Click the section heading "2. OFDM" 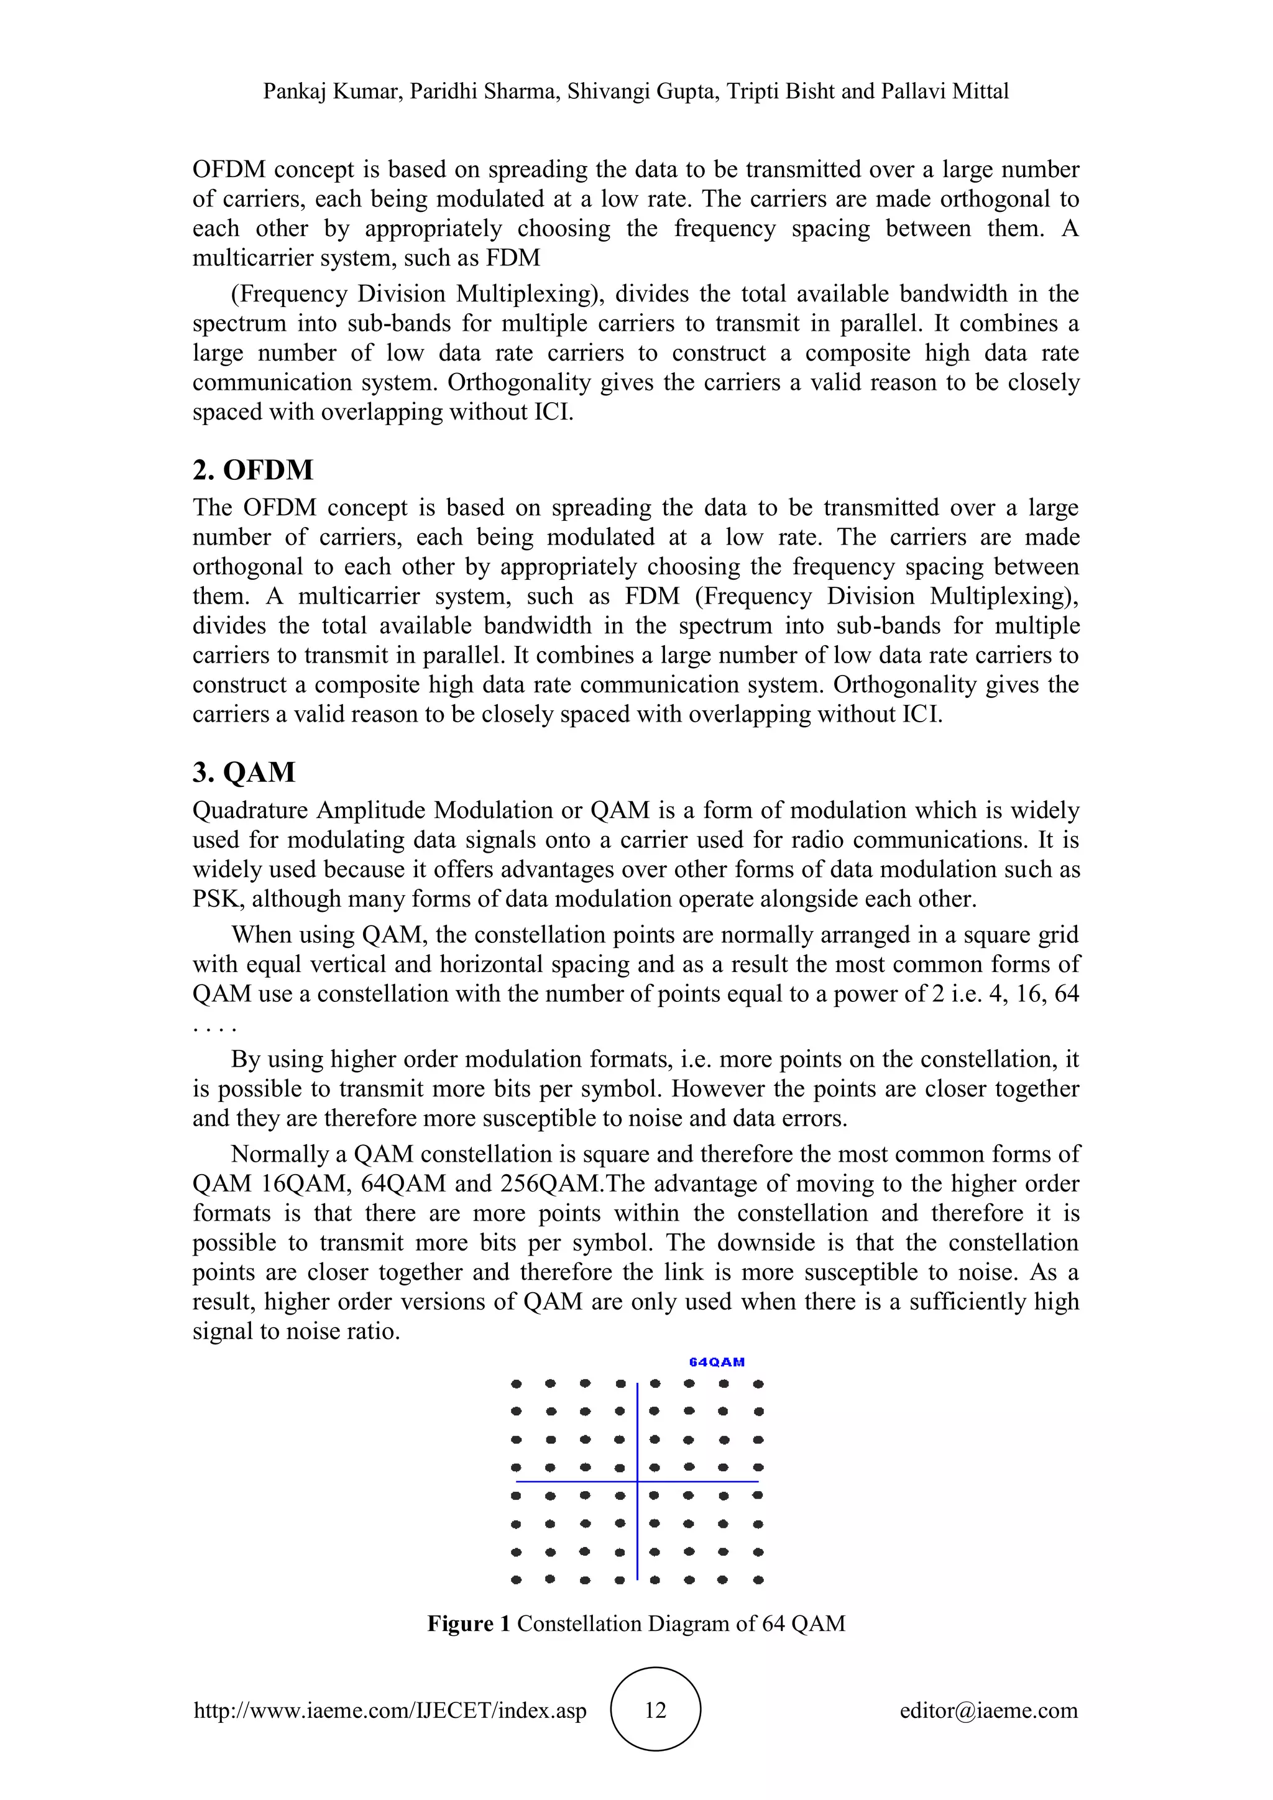tap(252, 471)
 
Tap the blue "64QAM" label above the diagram tap(717, 1362)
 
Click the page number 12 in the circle tap(655, 1710)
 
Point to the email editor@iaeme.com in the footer tap(988, 1710)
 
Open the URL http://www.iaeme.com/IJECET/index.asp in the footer tap(390, 1710)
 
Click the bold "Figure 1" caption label tap(469, 1623)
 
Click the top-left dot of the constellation tap(516, 1384)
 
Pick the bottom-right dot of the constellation tap(758, 1580)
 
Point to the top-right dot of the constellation tap(758, 1384)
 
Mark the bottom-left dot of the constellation tap(516, 1580)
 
